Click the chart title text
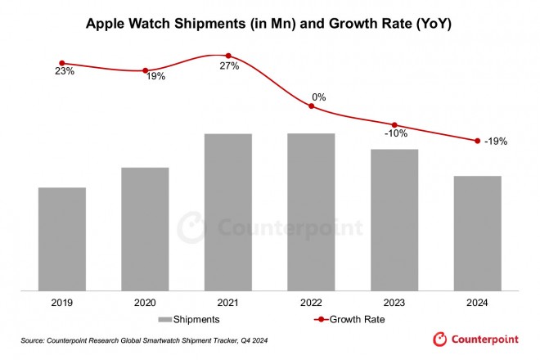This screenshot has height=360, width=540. (269, 25)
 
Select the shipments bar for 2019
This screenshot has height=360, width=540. (62, 239)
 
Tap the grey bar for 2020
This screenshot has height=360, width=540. (145, 229)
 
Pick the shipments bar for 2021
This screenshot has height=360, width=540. (228, 212)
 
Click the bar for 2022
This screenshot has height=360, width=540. (311, 212)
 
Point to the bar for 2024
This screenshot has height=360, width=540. (477, 233)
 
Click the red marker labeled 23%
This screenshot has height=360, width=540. (62, 63)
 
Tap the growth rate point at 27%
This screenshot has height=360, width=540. (228, 55)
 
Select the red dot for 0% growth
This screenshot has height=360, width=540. (311, 106)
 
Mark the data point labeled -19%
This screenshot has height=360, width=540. (477, 141)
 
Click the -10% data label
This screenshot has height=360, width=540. (397, 134)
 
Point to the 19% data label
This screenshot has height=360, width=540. (155, 76)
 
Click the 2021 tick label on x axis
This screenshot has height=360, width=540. (228, 303)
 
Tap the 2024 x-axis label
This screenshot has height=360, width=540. (477, 303)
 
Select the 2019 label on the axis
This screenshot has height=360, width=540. (62, 303)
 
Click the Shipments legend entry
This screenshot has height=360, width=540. (187, 319)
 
